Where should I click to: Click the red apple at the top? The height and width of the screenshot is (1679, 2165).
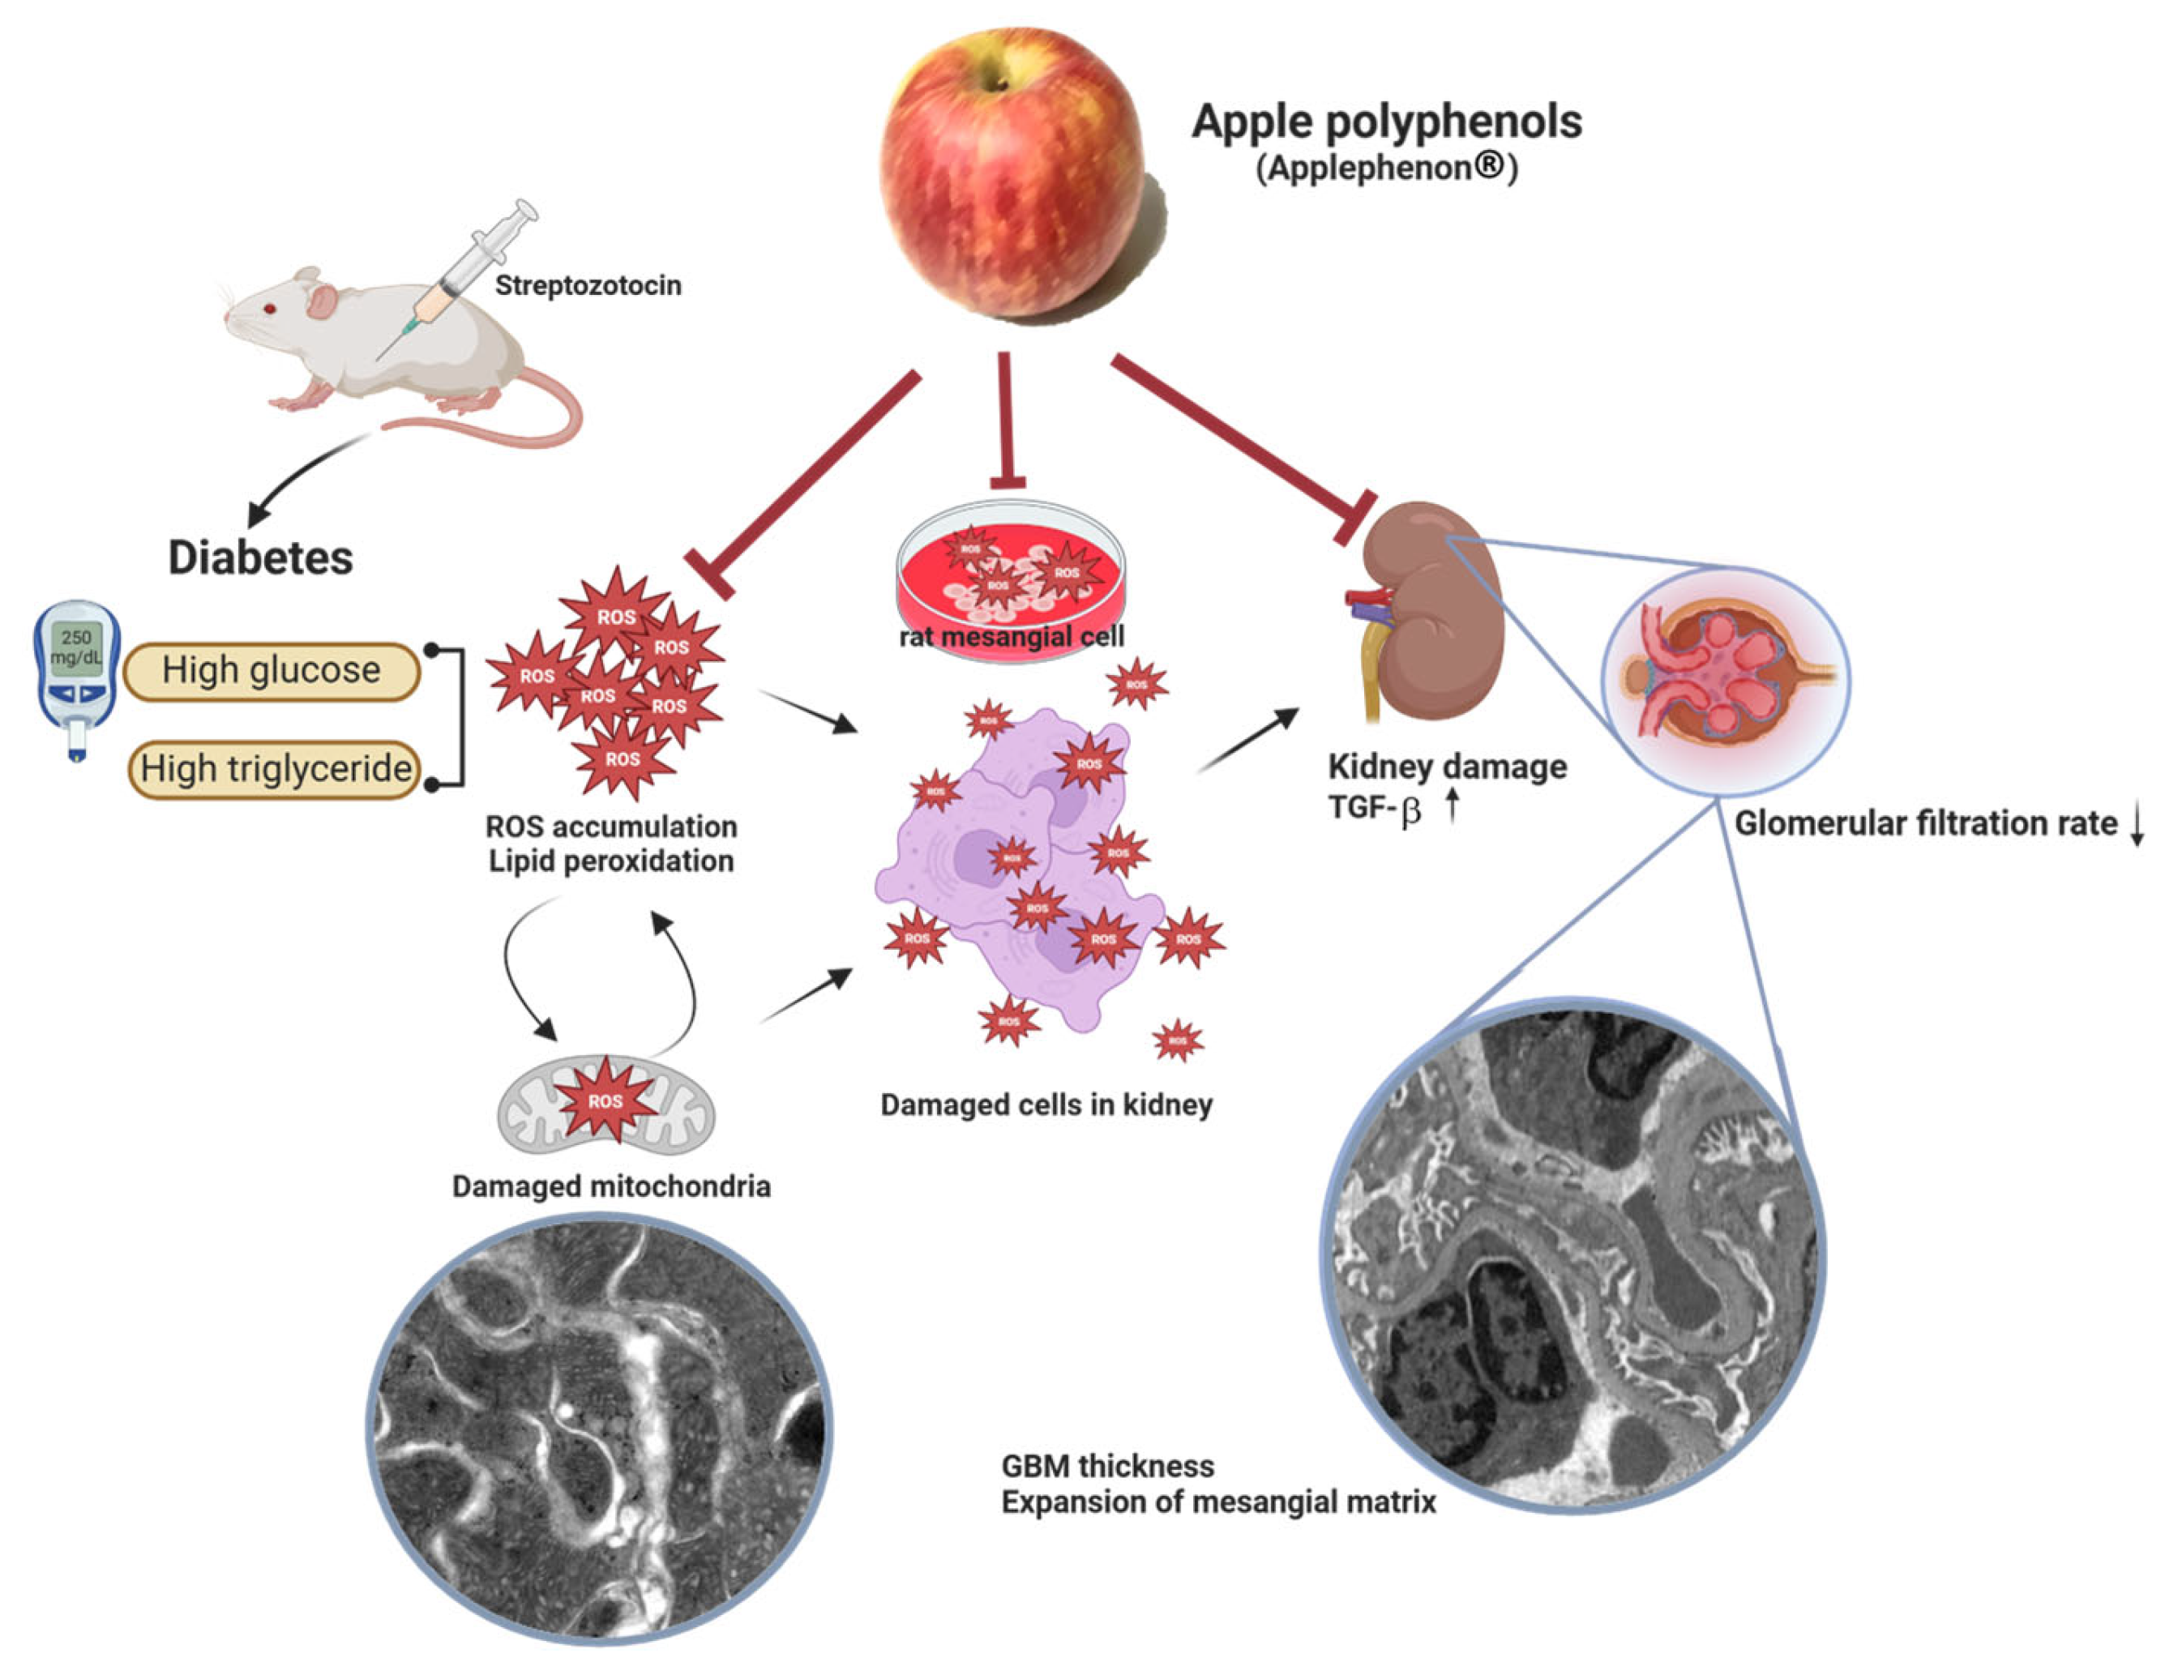pyautogui.click(x=1016, y=173)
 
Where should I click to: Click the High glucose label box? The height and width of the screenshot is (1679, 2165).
pyautogui.click(x=272, y=671)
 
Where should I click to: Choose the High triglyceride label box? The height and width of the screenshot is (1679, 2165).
pyautogui.click(x=276, y=768)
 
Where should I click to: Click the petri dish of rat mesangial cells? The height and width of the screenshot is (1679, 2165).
pyautogui.click(x=1011, y=580)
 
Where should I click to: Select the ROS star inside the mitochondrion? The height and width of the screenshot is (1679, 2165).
pyautogui.click(x=605, y=1101)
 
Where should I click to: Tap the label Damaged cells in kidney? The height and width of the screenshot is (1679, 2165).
pyautogui.click(x=1046, y=1105)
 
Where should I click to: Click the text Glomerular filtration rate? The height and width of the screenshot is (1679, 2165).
pyautogui.click(x=1925, y=823)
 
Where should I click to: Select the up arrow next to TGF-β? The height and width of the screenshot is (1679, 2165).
pyautogui.click(x=1453, y=805)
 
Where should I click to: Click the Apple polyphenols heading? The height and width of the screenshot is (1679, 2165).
pyautogui.click(x=1386, y=122)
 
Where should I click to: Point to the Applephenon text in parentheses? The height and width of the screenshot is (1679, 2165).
pyautogui.click(x=1386, y=168)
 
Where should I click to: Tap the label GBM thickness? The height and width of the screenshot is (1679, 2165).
pyautogui.click(x=1107, y=1466)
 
